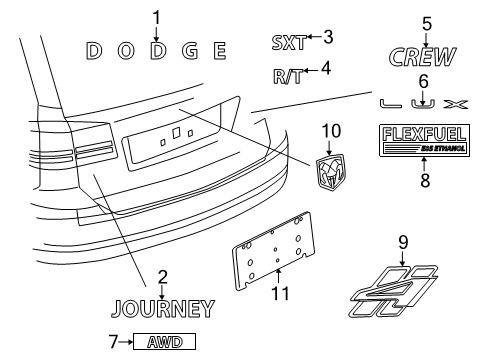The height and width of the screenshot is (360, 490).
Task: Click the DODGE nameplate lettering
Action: click(x=156, y=50)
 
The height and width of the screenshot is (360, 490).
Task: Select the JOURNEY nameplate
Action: click(x=162, y=308)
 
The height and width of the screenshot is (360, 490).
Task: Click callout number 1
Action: click(x=156, y=15)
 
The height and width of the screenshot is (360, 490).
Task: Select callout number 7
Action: click(x=109, y=342)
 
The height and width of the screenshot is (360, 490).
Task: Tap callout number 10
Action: click(x=332, y=131)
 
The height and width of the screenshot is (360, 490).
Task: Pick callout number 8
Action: click(x=424, y=182)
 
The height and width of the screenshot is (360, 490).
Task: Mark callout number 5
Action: click(x=426, y=23)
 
